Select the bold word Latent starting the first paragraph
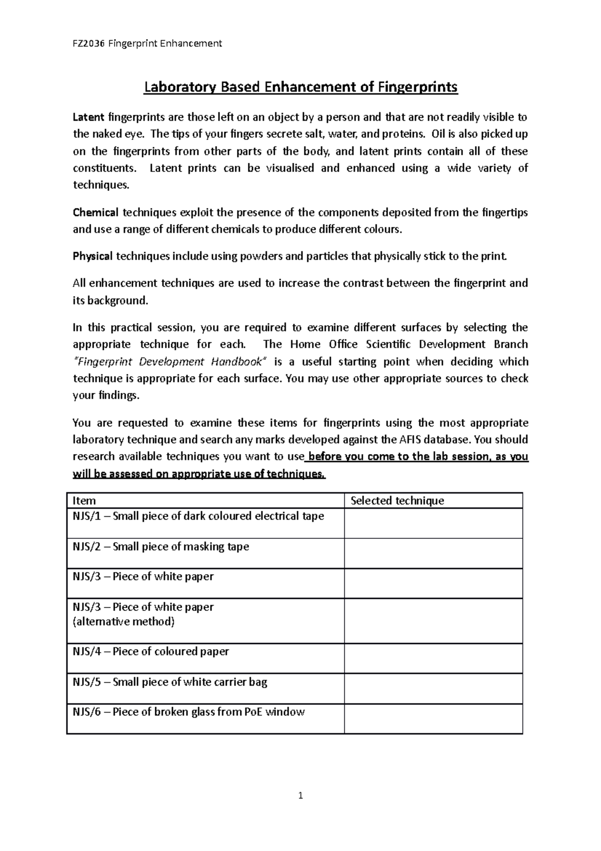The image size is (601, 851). pyautogui.click(x=89, y=118)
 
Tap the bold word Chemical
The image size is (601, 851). pyautogui.click(x=96, y=212)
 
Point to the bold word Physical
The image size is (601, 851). pyautogui.click(x=93, y=257)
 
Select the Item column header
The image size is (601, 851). pyautogui.click(x=84, y=501)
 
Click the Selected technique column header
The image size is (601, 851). pyautogui.click(x=397, y=501)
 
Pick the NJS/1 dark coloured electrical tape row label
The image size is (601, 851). pyautogui.click(x=198, y=516)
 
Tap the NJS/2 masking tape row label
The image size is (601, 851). pyautogui.click(x=161, y=547)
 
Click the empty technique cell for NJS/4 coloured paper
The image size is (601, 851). pyautogui.click(x=433, y=659)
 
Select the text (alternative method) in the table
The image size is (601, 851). pyautogui.click(x=124, y=622)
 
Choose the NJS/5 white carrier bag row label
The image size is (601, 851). pyautogui.click(x=170, y=682)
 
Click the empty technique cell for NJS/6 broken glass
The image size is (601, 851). pyautogui.click(x=433, y=719)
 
